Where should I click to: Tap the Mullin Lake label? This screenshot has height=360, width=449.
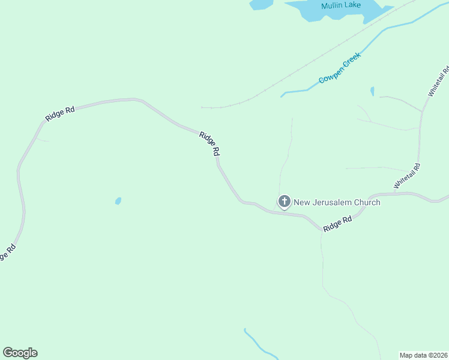(341, 6)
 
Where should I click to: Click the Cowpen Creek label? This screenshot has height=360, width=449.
(339, 71)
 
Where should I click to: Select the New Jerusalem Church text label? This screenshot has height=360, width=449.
(337, 202)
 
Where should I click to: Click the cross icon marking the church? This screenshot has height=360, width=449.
(284, 202)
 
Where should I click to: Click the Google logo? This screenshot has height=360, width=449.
(20, 353)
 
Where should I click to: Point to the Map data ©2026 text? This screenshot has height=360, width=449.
(424, 355)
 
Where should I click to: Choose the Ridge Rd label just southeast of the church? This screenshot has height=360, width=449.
(337, 224)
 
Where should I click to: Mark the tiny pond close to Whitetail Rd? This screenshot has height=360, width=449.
(372, 91)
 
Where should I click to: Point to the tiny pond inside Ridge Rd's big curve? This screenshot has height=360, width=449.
(118, 201)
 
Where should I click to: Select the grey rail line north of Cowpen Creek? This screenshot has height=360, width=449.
(300, 70)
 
